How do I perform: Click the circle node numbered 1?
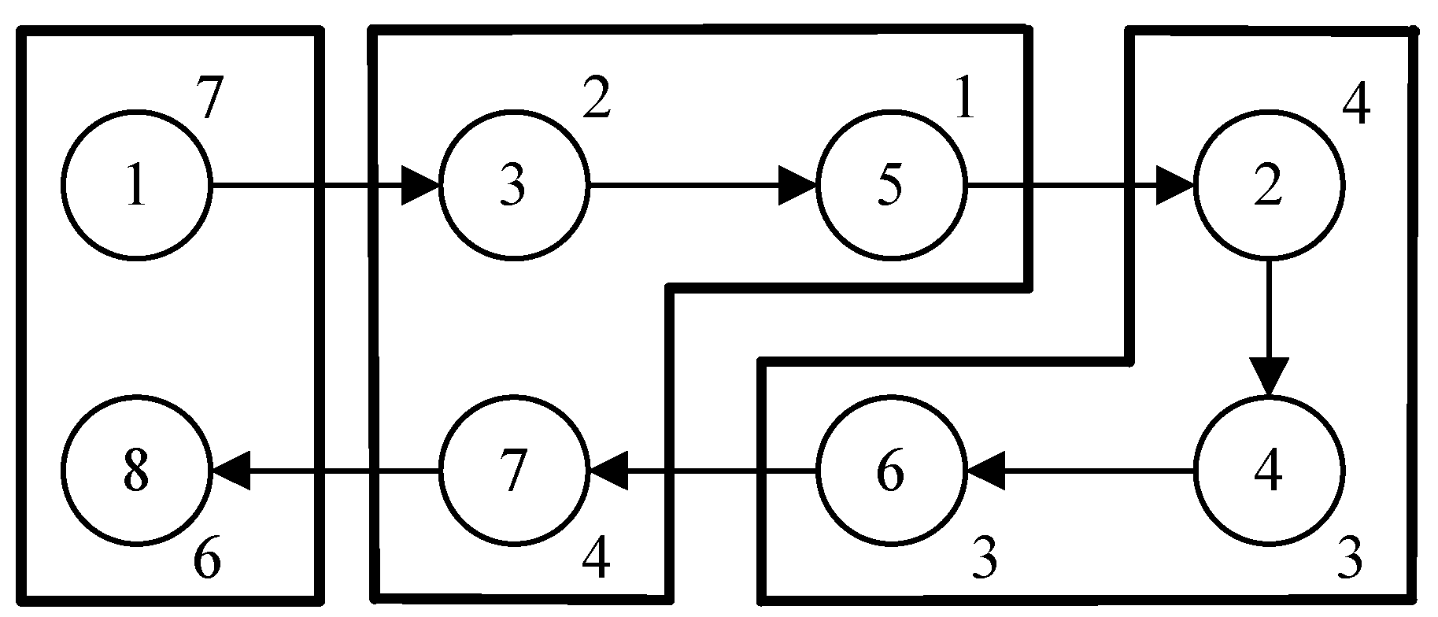[x=137, y=187]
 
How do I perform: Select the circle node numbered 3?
[x=513, y=187]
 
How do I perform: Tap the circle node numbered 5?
[x=890, y=187]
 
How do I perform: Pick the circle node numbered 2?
[x=1268, y=187]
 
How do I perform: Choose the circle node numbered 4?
[x=1268, y=471]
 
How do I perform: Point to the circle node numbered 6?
[x=890, y=471]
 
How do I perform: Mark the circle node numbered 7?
[x=513, y=471]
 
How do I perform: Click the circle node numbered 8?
[x=137, y=471]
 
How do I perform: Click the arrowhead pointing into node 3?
[x=420, y=187]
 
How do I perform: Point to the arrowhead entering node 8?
[x=231, y=471]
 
